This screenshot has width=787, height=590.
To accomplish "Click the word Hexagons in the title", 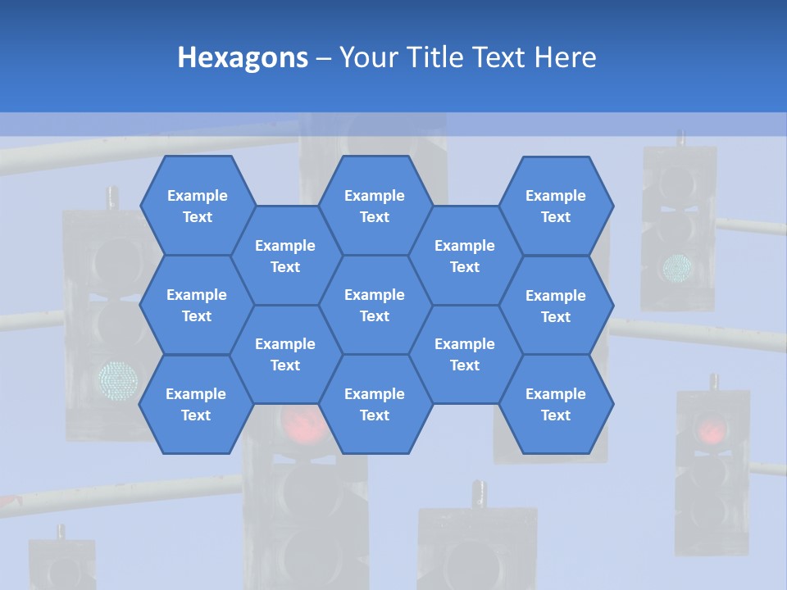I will (x=243, y=57).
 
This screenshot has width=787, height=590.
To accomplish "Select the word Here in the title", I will (x=565, y=57).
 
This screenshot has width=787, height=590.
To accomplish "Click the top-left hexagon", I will (x=197, y=206).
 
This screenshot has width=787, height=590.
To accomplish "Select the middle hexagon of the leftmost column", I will (x=197, y=305).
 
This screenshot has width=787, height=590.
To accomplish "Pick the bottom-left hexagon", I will (x=196, y=404).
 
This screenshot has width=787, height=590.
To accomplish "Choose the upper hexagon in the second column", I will (x=285, y=256).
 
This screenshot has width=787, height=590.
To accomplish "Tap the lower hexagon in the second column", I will (x=285, y=354).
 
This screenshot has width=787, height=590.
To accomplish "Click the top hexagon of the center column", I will (x=375, y=206).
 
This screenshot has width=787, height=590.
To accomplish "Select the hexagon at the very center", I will (x=375, y=305).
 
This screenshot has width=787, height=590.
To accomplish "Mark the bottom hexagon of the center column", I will (x=375, y=404).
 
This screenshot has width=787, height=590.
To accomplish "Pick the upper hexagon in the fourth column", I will (x=465, y=256).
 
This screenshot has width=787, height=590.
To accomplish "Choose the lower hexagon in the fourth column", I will (x=465, y=354).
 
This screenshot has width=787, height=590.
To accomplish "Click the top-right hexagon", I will (x=556, y=206).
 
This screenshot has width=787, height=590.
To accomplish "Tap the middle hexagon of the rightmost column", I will (x=556, y=306).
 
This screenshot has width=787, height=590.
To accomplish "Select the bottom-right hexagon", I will (x=556, y=404).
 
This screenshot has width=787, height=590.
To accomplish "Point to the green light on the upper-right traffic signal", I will (x=677, y=266).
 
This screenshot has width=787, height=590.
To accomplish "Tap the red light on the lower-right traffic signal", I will (x=712, y=428).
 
